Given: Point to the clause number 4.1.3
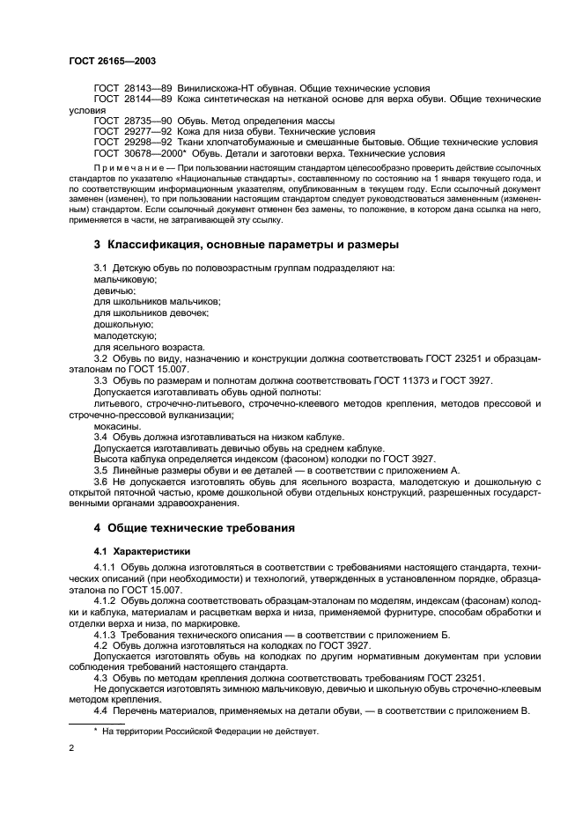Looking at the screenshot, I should tap(106, 633).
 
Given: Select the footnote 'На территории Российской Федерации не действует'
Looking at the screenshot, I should tap(210, 731).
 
